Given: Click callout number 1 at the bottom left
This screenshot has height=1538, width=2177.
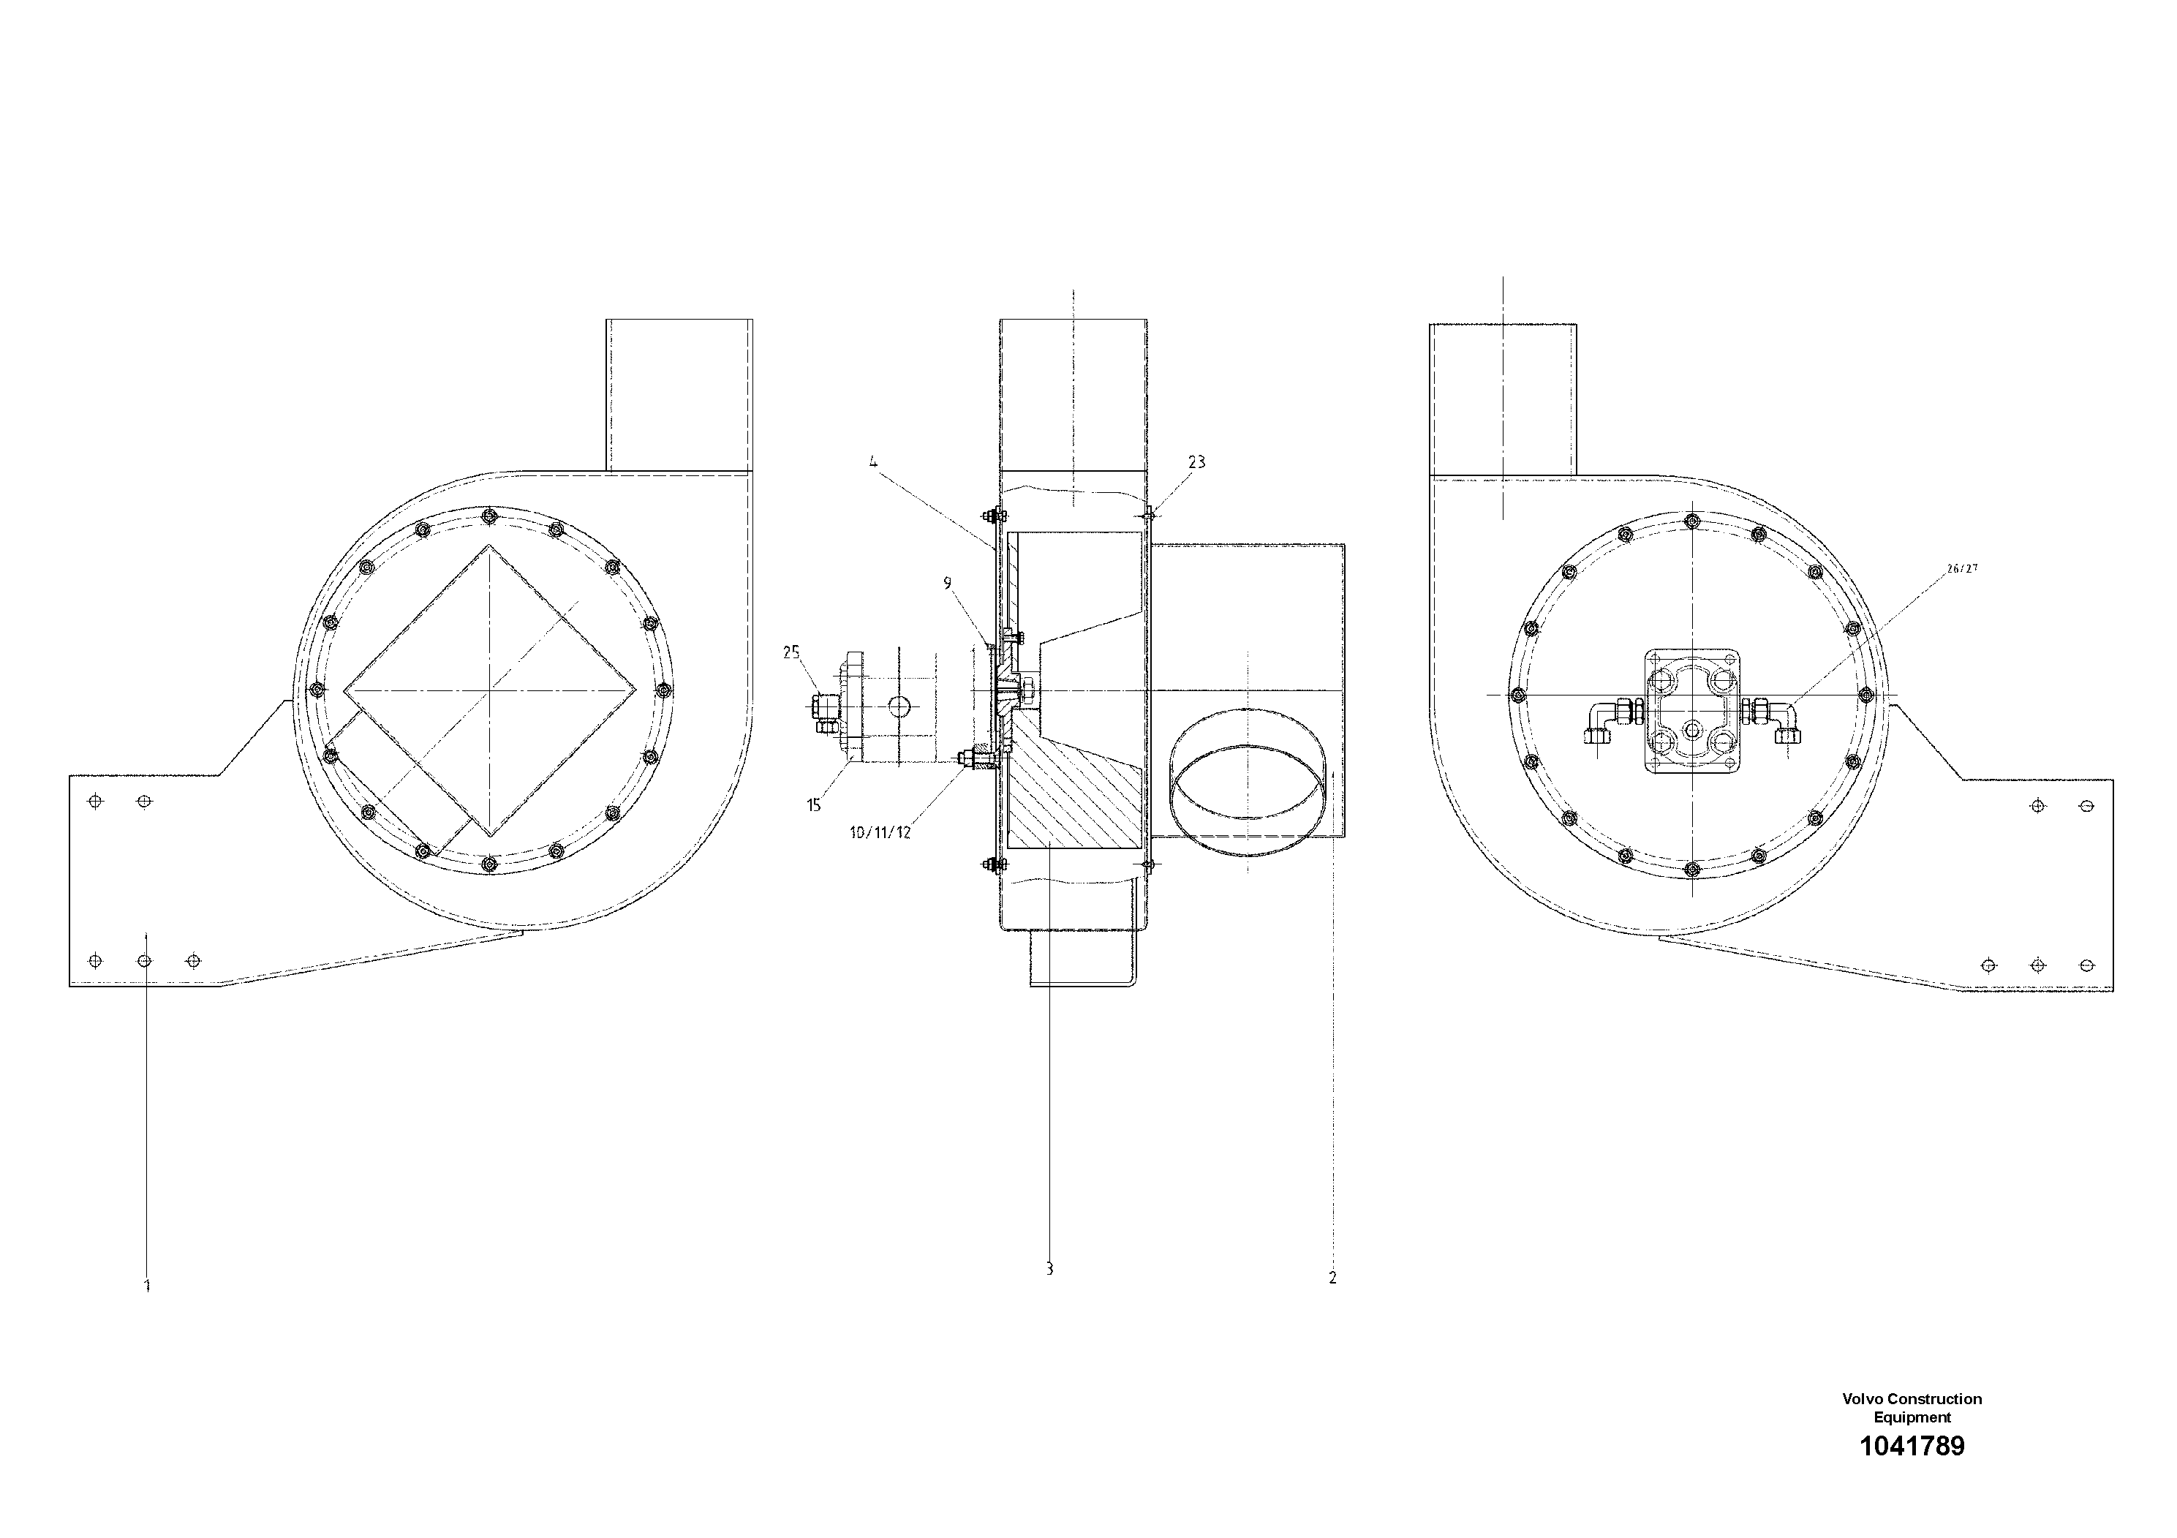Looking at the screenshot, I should pos(147,1286).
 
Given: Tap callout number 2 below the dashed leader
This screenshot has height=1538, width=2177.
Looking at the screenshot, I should pos(1332,1277).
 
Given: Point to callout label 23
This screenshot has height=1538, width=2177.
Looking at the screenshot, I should pos(1196,461).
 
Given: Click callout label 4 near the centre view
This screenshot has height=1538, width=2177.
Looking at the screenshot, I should pos(873,463).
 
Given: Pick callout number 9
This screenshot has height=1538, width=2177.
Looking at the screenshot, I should pos(947,583).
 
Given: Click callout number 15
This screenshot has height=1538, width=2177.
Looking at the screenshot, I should pos(813,806).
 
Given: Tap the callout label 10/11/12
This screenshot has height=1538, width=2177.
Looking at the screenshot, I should pos(880,832).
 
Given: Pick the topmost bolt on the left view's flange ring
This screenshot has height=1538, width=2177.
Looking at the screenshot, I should pos(488,516).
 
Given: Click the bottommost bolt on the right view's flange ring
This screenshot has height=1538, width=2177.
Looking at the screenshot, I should pos(1692,869).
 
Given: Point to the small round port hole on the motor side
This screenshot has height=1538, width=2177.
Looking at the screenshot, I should pos(899,706).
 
